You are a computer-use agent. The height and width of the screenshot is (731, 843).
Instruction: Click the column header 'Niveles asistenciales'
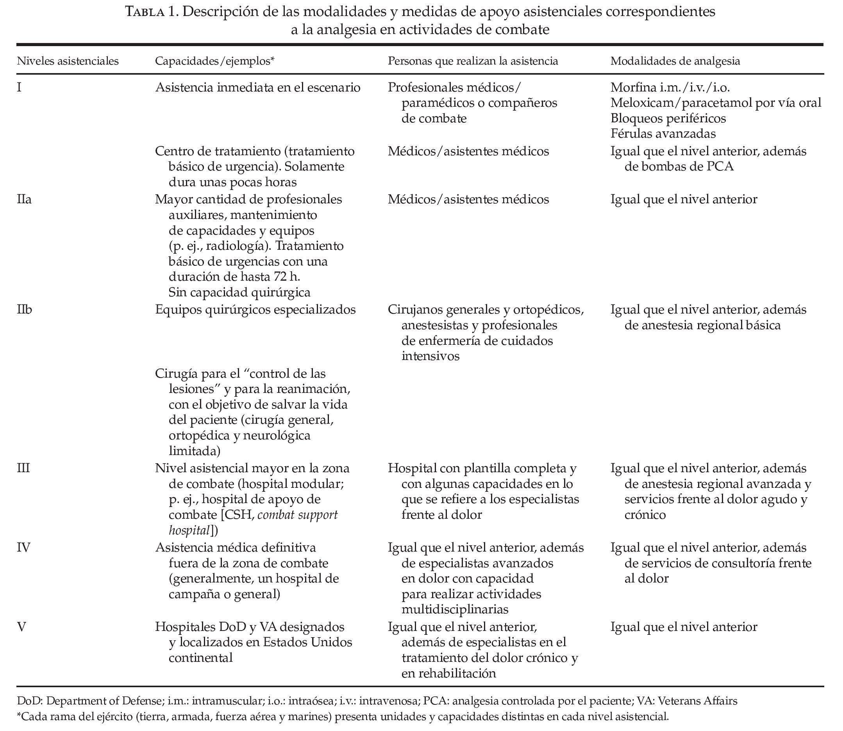point(68,61)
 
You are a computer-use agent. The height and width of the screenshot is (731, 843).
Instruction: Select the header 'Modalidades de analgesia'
point(675,61)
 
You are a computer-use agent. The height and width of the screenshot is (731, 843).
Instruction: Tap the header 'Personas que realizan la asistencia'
point(472,61)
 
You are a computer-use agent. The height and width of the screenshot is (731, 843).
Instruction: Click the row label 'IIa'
point(24,199)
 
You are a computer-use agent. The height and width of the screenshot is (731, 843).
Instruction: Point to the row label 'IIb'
point(25,310)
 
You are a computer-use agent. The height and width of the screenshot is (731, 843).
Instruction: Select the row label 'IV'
point(24,547)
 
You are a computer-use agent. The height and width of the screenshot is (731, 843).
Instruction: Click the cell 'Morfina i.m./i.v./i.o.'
point(670,87)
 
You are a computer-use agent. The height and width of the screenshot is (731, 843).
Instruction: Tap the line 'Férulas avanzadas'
point(663,133)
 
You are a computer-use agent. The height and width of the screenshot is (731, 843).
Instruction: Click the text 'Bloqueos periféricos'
point(668,118)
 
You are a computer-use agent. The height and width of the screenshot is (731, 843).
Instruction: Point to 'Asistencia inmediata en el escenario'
point(258,87)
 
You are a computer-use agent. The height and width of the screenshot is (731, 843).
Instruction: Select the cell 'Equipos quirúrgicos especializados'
point(255,310)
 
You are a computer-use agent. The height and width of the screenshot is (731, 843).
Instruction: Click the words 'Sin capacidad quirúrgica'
point(239,292)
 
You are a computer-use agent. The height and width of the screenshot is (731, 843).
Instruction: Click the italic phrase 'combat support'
point(297,515)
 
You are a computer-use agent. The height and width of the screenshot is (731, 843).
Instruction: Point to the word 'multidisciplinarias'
point(455,609)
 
